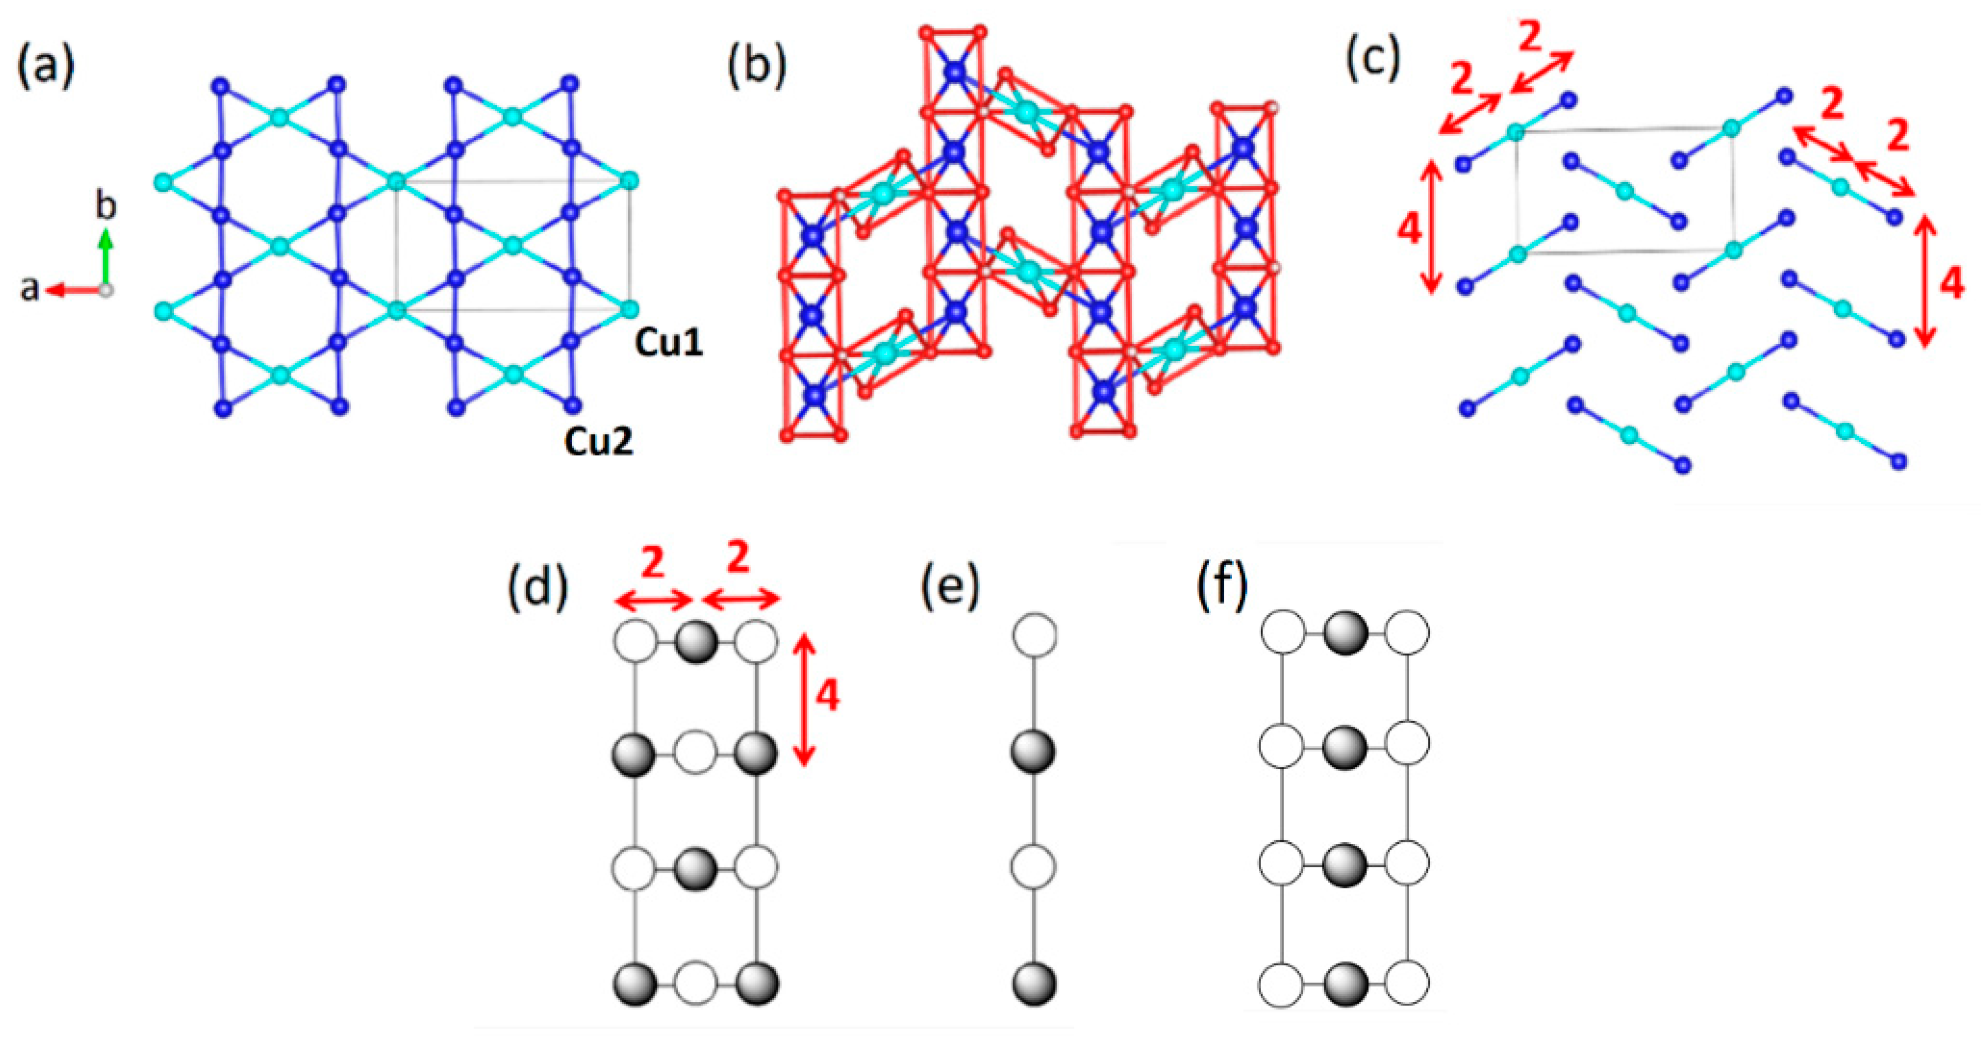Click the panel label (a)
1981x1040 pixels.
click(x=46, y=67)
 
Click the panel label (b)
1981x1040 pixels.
click(x=757, y=67)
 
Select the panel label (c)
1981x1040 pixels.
click(x=1373, y=58)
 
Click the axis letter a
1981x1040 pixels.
click(x=29, y=289)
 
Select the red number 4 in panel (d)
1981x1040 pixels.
click(x=826, y=696)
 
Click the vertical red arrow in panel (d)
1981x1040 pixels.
click(x=804, y=698)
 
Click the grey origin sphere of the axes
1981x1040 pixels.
click(x=107, y=291)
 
